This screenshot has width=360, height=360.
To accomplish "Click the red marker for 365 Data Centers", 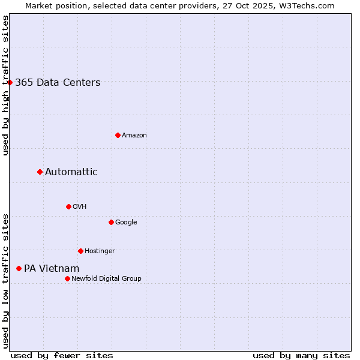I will coord(10,82).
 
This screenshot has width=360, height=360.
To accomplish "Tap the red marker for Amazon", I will coord(118,135).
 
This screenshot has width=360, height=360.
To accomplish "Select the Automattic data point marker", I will coord(40,172).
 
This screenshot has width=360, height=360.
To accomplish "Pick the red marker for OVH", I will coord(68,206).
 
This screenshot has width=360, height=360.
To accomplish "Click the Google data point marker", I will coord(111,222).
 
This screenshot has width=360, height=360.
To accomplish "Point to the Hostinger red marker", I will coord(80,251).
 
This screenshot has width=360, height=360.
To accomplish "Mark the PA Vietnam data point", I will coord(19,268).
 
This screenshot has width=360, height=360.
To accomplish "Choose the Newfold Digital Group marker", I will coord(67,278).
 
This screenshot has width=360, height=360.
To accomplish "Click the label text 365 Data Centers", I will coord(58,83).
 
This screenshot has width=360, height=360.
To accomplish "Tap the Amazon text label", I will coord(134,136).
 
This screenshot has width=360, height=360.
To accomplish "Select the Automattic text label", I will coord(71,172).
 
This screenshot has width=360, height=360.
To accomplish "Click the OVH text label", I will coord(80,207).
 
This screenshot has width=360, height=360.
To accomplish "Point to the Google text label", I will coord(126,223).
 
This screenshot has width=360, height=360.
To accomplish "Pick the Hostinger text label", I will coord(100,251).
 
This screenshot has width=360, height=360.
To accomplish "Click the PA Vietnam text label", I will coord(52,269).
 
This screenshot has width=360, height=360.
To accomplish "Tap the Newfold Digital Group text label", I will coord(106,279).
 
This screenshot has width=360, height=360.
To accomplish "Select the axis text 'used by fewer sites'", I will coord(62,355).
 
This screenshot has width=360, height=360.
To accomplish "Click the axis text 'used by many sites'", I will coord(301,355).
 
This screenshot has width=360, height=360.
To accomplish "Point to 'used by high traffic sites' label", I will coord(5,85).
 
